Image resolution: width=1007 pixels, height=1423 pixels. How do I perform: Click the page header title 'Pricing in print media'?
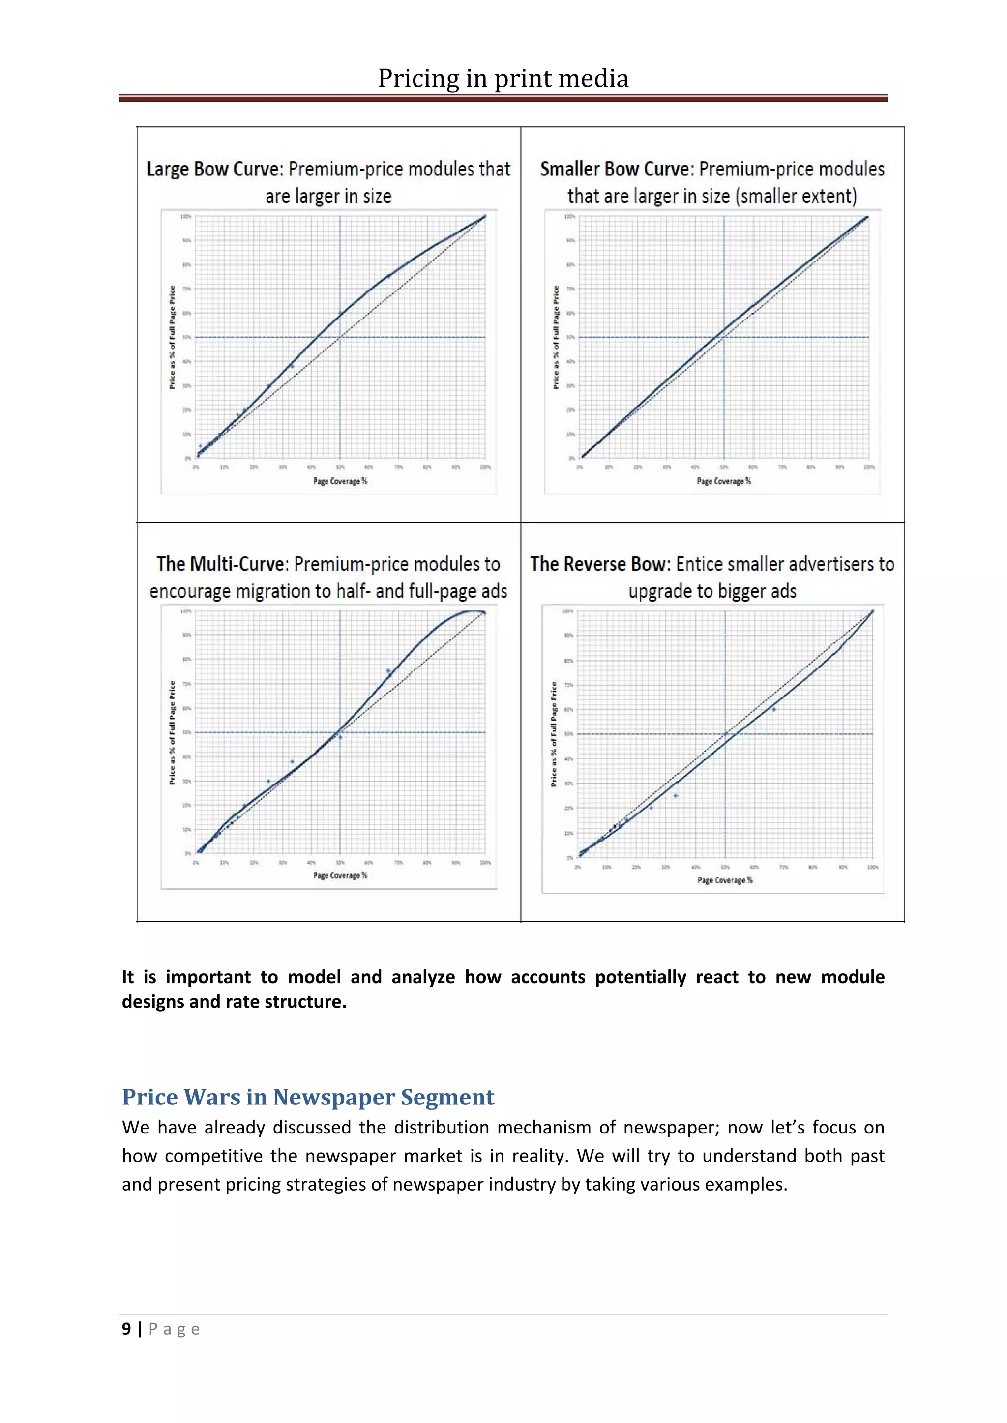click(x=503, y=79)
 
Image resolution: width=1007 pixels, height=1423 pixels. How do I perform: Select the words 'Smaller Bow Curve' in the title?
click(x=615, y=169)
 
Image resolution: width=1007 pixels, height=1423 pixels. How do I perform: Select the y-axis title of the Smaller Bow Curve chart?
click(x=556, y=337)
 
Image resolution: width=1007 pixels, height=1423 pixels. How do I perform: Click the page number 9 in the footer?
click(x=126, y=1329)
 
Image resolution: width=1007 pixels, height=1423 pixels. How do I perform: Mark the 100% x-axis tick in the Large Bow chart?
click(x=485, y=467)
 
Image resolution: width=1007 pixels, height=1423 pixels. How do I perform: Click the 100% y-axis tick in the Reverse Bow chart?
click(x=567, y=611)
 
